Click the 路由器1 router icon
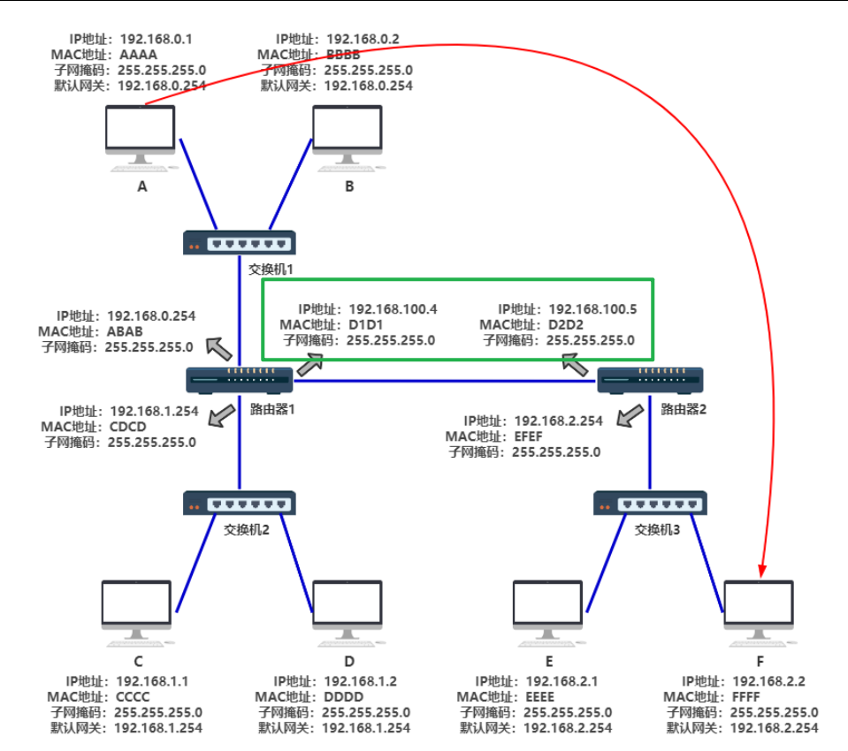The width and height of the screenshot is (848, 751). click(x=240, y=380)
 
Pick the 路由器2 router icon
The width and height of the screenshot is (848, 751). click(x=650, y=380)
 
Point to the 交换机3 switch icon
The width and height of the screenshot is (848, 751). click(x=651, y=504)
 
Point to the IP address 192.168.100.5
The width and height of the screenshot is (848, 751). click(x=592, y=309)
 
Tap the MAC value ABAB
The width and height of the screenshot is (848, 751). click(x=125, y=331)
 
